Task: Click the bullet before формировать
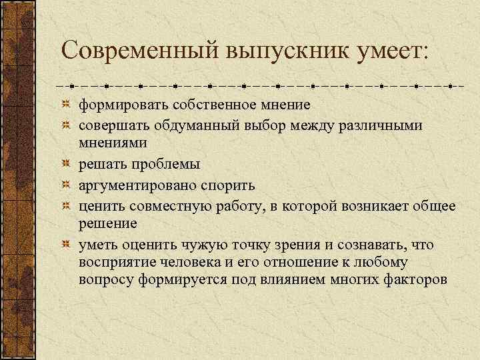click(x=67, y=105)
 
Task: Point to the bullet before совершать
click(x=67, y=125)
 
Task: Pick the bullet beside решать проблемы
click(x=67, y=164)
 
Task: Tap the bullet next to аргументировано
click(x=67, y=184)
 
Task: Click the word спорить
click(x=231, y=184)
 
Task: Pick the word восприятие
click(x=117, y=261)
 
